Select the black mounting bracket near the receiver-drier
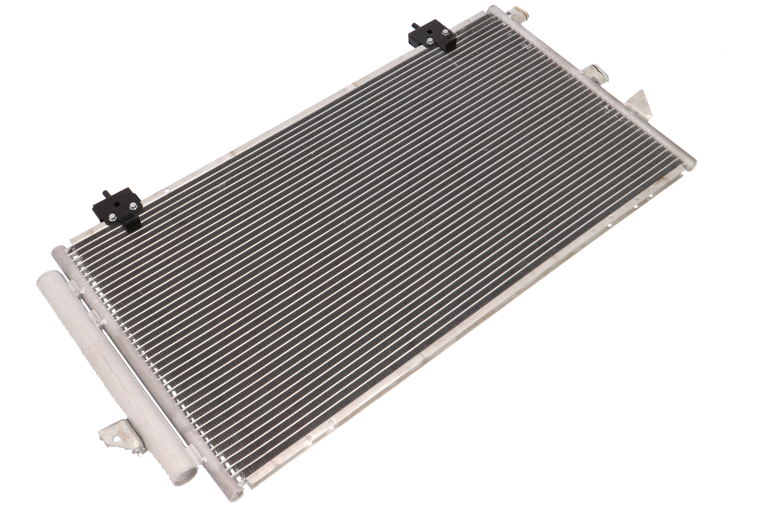(x=117, y=210)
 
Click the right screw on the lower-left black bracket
(x=132, y=206)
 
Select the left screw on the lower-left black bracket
(x=113, y=219)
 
